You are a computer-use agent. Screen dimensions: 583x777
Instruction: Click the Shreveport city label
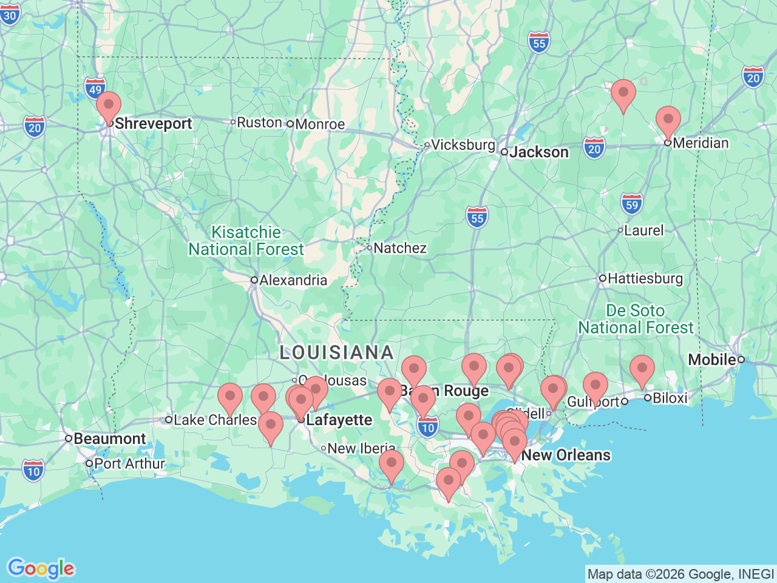tap(153, 123)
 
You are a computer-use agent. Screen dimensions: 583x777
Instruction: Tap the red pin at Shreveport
tap(109, 107)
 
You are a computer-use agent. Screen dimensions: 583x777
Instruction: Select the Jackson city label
tap(538, 152)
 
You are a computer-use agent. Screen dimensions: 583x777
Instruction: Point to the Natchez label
tap(399, 248)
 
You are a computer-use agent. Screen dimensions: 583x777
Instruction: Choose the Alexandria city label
tap(293, 280)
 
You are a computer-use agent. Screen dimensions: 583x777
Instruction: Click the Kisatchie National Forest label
tap(246, 241)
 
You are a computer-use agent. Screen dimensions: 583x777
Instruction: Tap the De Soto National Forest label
tap(635, 319)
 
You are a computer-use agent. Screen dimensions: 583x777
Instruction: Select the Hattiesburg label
tap(645, 278)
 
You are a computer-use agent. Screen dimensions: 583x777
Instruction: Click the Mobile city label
tap(711, 360)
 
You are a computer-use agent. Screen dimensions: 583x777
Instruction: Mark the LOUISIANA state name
tap(336, 352)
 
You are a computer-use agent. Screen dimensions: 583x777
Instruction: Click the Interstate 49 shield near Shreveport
tap(95, 89)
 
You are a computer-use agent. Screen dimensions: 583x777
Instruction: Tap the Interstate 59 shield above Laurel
tap(632, 204)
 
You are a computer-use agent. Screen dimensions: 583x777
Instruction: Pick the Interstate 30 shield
tap(10, 15)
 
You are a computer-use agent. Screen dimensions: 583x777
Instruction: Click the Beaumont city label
tap(109, 438)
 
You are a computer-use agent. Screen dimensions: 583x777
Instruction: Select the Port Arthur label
tap(129, 463)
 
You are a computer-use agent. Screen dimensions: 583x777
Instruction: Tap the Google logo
tap(41, 568)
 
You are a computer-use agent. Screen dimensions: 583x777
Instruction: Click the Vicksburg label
tap(463, 145)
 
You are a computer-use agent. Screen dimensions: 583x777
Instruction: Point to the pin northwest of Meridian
tap(623, 94)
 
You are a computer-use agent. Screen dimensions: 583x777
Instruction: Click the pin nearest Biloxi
tap(642, 370)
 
